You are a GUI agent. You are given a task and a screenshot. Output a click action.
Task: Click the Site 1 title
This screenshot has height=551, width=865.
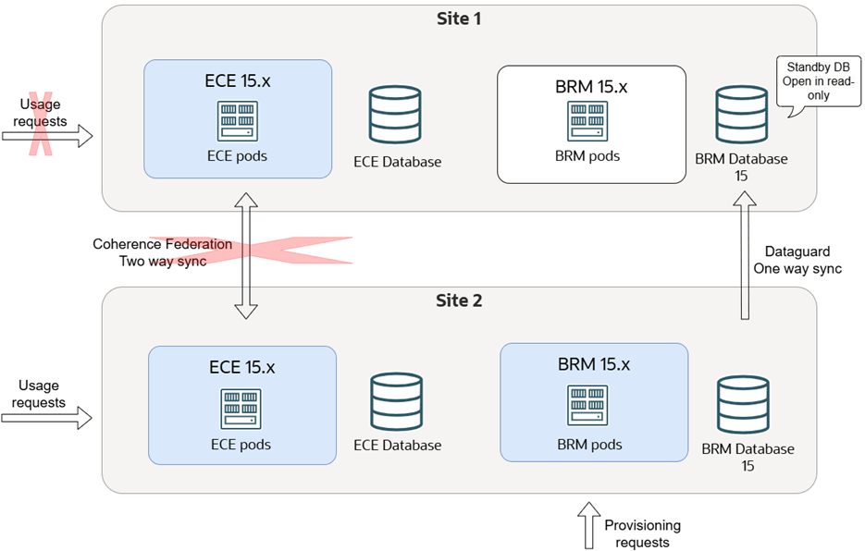click(459, 18)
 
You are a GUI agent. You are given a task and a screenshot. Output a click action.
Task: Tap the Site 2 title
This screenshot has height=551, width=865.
click(459, 300)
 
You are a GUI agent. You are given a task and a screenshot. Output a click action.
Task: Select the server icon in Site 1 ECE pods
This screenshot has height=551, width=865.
click(237, 121)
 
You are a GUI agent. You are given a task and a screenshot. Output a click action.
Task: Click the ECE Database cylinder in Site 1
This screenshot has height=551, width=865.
click(395, 115)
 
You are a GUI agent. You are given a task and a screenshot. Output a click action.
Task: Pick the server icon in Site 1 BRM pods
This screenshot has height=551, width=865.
click(587, 121)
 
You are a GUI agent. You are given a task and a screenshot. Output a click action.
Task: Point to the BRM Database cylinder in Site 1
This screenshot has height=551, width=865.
click(741, 115)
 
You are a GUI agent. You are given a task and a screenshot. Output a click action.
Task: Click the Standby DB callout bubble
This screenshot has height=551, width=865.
click(818, 81)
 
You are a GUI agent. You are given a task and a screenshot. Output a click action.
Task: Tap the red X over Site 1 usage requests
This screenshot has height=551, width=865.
click(41, 124)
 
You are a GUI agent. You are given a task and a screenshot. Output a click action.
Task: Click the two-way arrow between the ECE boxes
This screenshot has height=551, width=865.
click(246, 256)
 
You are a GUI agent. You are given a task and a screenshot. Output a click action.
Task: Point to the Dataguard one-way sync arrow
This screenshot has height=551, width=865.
click(745, 255)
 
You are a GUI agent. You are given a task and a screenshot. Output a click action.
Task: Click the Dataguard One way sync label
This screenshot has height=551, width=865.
click(797, 260)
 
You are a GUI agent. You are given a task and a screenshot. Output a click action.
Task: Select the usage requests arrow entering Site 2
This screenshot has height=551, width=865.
click(46, 418)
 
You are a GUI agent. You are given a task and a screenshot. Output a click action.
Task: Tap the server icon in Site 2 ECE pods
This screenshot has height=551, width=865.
click(241, 409)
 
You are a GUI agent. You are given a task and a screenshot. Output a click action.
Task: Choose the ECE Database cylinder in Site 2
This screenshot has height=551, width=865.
click(397, 401)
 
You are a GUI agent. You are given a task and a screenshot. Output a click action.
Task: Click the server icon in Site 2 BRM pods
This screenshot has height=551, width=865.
click(587, 405)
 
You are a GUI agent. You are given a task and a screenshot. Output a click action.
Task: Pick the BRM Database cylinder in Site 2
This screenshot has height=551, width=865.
click(743, 404)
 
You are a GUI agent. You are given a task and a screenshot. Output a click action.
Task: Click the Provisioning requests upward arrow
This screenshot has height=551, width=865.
click(589, 525)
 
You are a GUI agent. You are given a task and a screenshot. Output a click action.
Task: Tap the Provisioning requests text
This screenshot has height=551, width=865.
click(643, 533)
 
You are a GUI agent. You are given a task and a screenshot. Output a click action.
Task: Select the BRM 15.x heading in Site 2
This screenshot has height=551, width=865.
click(594, 364)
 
